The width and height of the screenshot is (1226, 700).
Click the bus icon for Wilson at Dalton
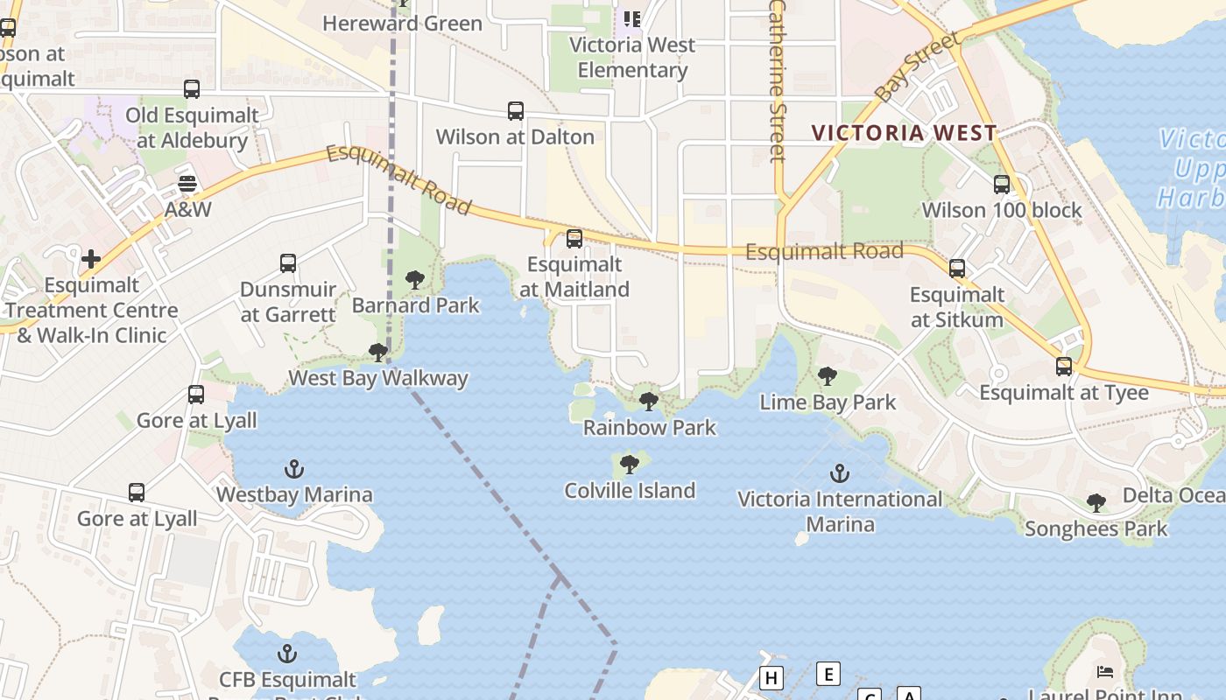(x=516, y=111)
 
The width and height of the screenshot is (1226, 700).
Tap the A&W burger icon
(x=187, y=184)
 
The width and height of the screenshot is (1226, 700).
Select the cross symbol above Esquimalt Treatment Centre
(x=91, y=259)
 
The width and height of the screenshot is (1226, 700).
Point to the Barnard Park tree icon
(x=415, y=280)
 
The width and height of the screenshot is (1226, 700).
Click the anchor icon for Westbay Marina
(x=294, y=469)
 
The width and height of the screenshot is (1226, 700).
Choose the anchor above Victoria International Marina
(x=840, y=473)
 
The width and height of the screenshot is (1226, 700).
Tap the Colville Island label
(x=630, y=490)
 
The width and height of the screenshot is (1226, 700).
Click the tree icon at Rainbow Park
(x=649, y=402)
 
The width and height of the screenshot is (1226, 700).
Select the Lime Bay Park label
(x=828, y=402)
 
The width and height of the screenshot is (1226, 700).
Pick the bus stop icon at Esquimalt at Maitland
(x=574, y=238)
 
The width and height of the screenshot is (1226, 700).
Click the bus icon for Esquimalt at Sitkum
(x=957, y=269)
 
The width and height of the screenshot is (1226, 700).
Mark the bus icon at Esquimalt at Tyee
(x=1064, y=367)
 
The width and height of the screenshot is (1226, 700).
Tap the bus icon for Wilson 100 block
(x=1002, y=185)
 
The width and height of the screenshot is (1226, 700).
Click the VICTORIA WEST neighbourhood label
(x=904, y=133)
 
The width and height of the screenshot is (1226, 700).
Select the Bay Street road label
(x=917, y=68)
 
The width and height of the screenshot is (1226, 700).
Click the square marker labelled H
(x=772, y=678)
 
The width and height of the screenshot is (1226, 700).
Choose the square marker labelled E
(x=828, y=674)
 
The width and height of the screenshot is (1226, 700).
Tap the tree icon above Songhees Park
(x=1096, y=502)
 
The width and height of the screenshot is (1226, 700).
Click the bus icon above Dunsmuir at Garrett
(x=288, y=262)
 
